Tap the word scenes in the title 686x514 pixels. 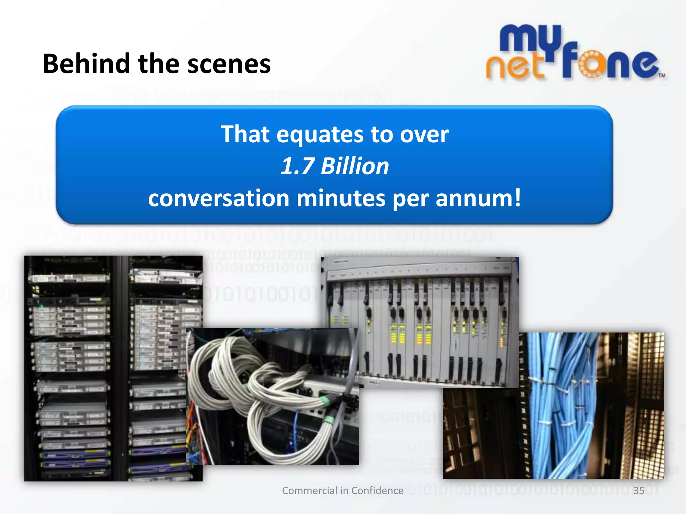point(229,64)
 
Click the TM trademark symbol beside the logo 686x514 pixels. point(662,75)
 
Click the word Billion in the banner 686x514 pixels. point(355,166)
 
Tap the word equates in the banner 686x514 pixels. point(320,134)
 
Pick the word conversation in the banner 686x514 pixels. point(218,198)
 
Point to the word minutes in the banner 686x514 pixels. point(341,198)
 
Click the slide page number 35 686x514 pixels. point(638,491)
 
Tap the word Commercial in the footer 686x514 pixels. point(310,491)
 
